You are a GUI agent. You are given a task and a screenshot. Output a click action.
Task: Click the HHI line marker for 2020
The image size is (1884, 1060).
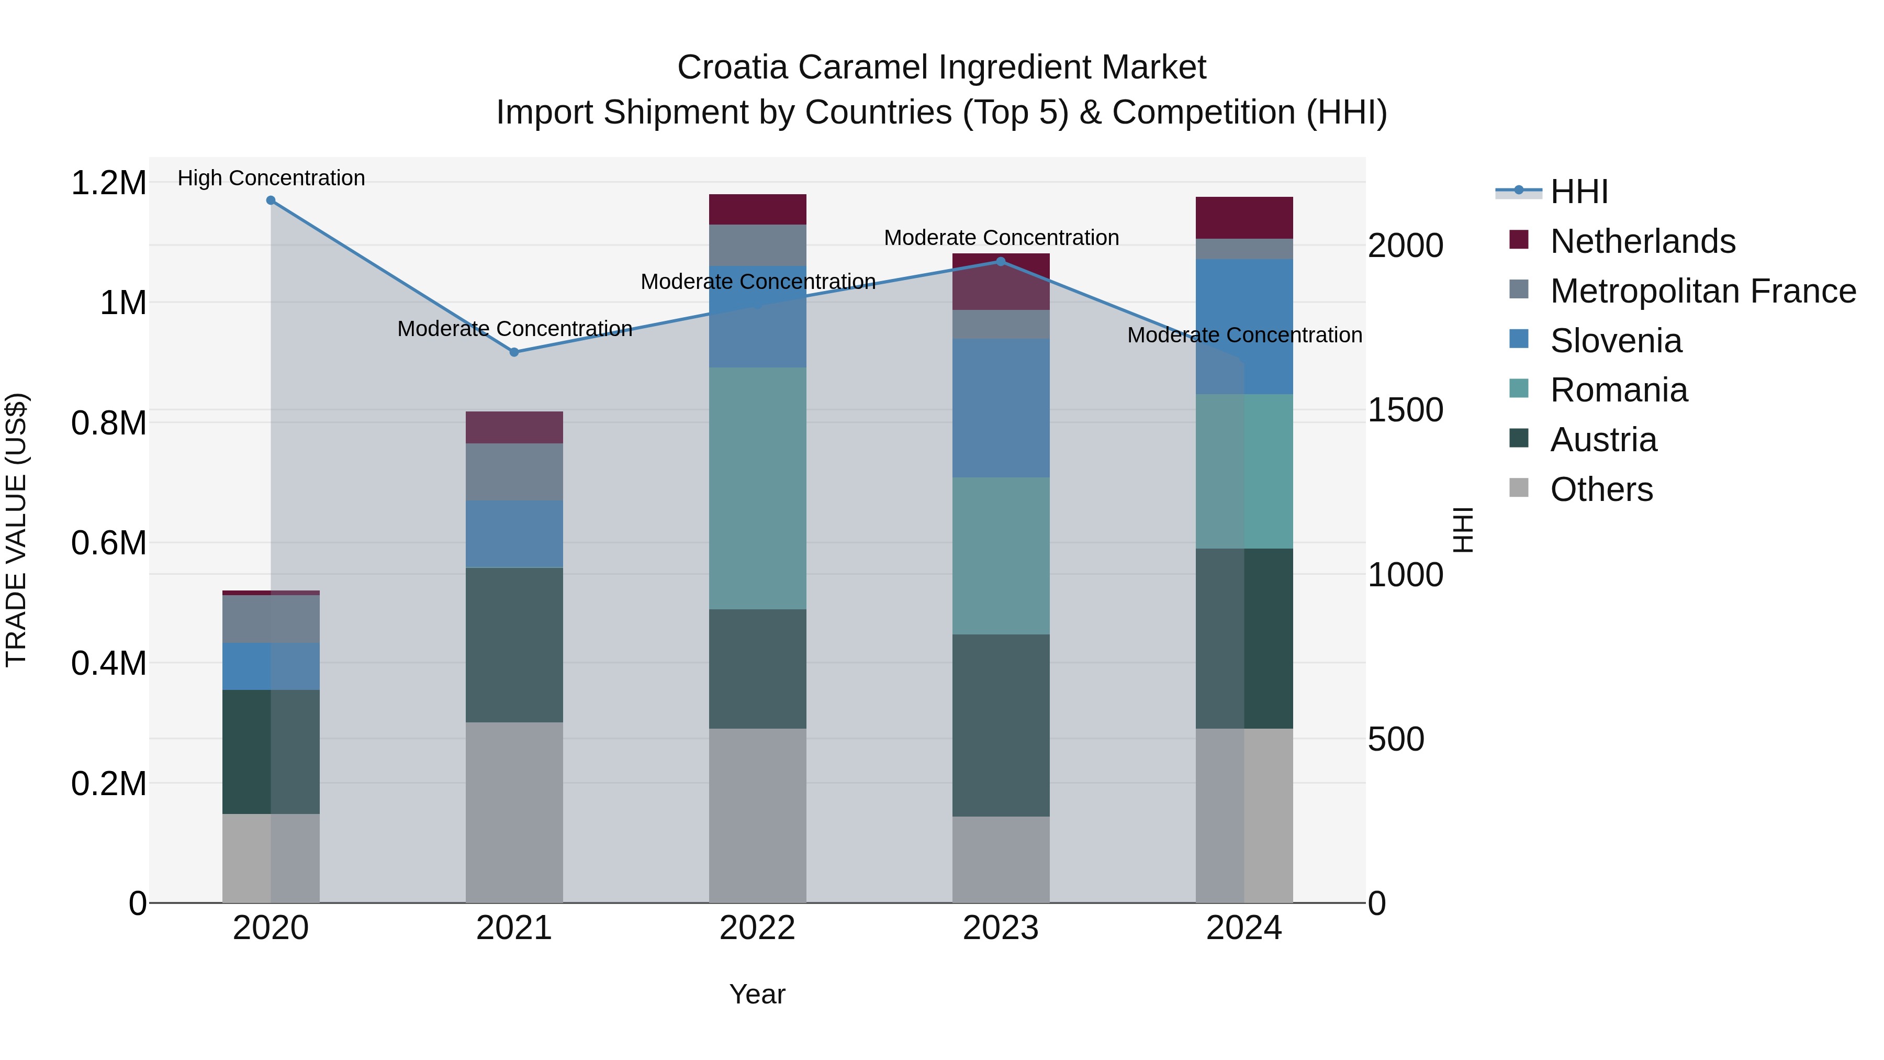[271, 200]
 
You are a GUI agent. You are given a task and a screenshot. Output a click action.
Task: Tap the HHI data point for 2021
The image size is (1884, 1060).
[514, 352]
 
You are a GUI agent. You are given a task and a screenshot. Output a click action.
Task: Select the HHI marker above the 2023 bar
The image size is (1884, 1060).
[1001, 261]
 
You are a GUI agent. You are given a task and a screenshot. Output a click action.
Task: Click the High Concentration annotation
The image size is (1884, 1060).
[271, 178]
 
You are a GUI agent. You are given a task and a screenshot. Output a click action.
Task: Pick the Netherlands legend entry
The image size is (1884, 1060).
[1642, 241]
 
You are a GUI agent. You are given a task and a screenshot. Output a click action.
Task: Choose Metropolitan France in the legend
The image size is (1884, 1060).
[1702, 291]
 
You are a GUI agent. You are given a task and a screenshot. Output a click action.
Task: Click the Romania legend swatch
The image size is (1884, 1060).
[1519, 389]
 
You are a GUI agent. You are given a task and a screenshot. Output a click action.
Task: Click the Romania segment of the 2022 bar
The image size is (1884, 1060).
[758, 488]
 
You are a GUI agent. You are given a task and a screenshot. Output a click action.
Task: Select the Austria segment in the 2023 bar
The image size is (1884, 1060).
[1001, 724]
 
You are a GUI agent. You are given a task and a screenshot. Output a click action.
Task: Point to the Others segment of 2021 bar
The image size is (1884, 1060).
[514, 812]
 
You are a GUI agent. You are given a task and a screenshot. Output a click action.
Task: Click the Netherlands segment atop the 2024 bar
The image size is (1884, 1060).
[1244, 217]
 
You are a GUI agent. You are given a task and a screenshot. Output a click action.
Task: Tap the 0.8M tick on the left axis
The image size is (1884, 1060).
[108, 423]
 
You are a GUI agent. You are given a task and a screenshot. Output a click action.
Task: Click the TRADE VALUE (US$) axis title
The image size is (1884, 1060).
[16, 530]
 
